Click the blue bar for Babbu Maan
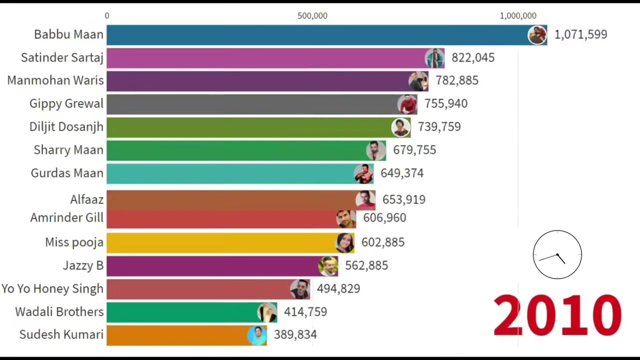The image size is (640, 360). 315,35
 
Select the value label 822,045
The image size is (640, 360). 472,57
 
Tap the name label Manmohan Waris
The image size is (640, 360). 55,80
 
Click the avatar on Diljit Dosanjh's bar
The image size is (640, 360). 400,127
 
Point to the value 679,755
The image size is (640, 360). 414,150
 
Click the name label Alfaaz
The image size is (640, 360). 87,200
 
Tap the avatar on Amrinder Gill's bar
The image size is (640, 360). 345,218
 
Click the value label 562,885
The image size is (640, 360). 366,265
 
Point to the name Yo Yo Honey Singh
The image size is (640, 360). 52,289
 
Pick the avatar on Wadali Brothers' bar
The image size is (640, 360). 266,312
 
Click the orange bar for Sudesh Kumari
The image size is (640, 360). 175,335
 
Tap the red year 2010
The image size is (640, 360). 557,315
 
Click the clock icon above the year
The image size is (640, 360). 557,254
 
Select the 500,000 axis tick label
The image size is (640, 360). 312,16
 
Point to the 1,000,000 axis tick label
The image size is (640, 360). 517,16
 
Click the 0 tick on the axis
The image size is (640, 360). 107,16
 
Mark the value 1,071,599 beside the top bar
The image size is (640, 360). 580,34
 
